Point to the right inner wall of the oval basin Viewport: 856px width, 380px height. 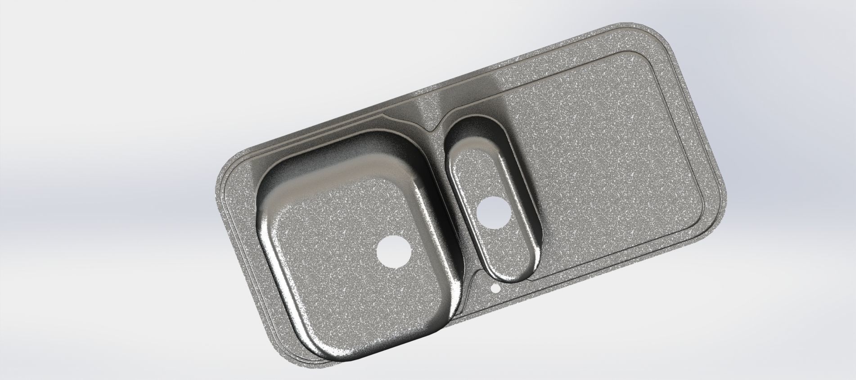pyautogui.click(x=527, y=189)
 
